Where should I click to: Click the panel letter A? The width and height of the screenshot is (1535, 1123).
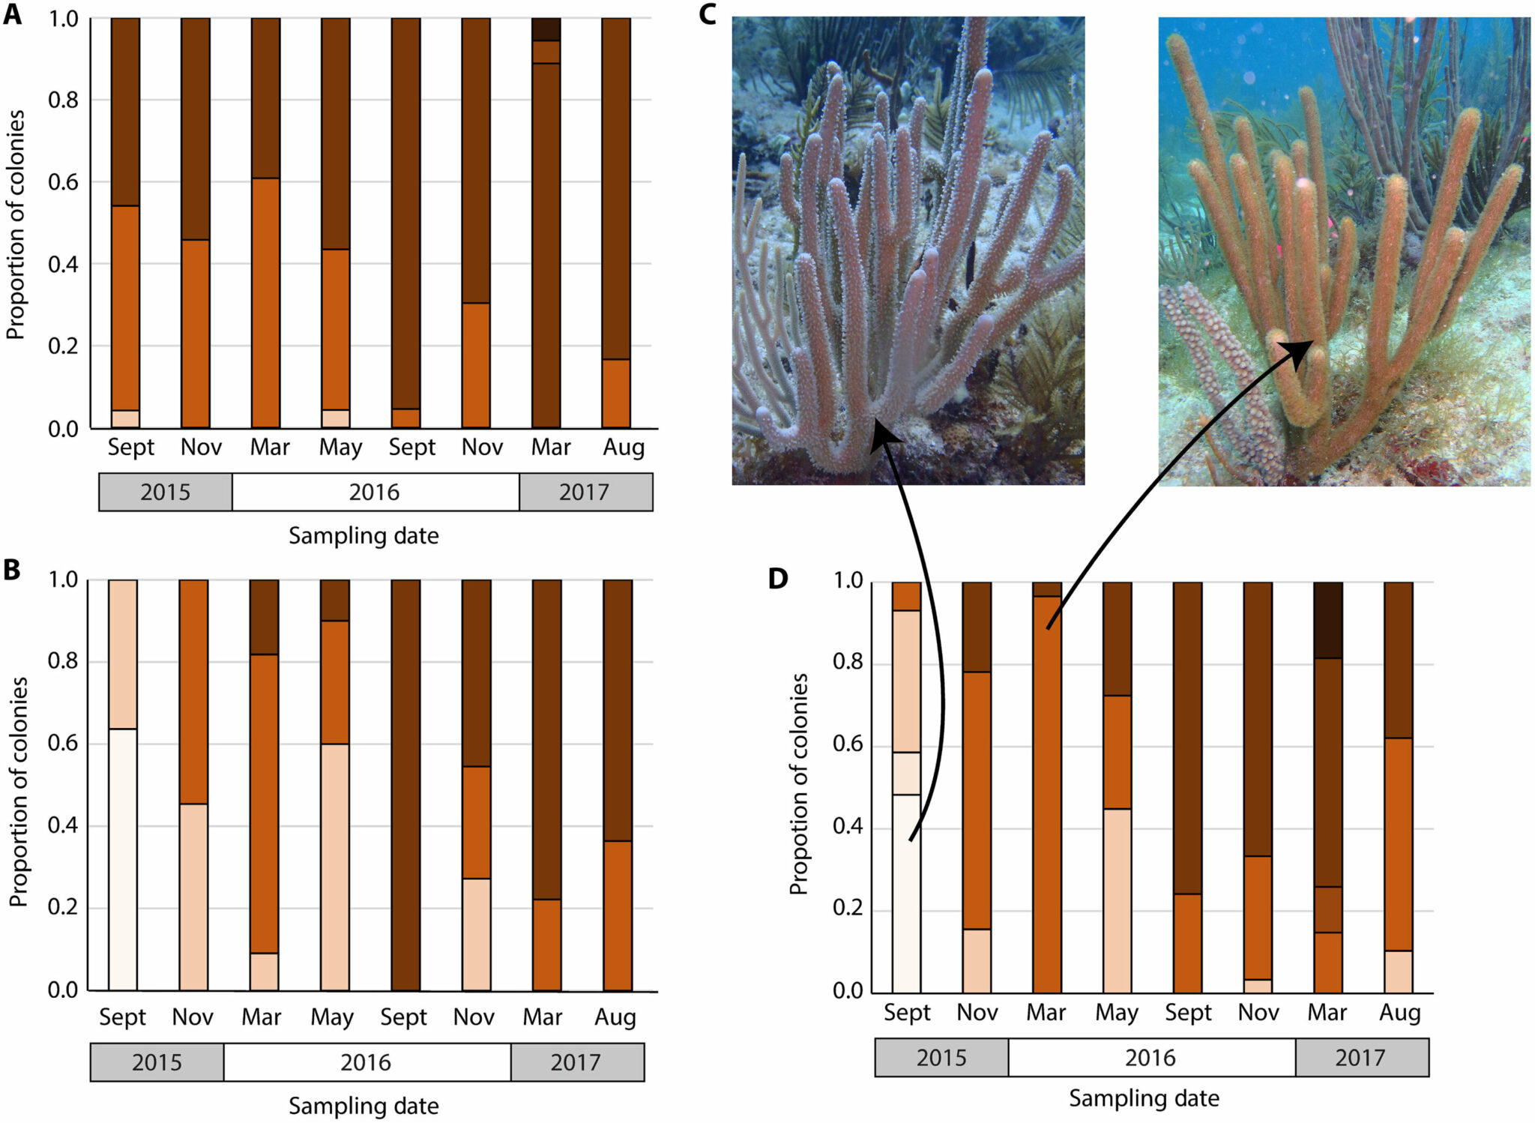(x=12, y=14)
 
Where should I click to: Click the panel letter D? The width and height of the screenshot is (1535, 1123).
(x=778, y=578)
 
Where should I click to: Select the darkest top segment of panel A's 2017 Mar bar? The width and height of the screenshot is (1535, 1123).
(x=546, y=28)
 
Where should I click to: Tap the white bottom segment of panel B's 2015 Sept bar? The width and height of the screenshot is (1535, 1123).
(x=123, y=859)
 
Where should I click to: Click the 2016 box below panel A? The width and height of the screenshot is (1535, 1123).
(x=375, y=492)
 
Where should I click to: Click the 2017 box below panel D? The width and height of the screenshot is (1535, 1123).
(x=1361, y=1058)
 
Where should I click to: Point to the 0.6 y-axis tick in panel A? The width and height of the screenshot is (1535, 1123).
(x=63, y=182)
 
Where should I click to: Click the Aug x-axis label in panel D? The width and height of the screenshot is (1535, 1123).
(x=1399, y=1013)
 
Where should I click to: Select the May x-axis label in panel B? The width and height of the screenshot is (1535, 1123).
(x=332, y=1017)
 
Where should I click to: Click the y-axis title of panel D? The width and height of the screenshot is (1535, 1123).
(x=799, y=783)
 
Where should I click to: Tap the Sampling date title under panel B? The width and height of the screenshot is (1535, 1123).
(x=364, y=1106)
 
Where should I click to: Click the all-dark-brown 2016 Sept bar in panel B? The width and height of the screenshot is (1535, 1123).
(x=405, y=785)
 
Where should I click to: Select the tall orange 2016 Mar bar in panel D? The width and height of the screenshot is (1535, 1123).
(x=1046, y=795)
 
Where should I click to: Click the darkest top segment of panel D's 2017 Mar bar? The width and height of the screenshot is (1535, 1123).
(x=1327, y=620)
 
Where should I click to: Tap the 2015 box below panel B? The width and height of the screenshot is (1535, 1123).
(x=157, y=1062)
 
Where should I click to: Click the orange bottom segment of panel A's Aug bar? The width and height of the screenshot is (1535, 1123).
(x=616, y=394)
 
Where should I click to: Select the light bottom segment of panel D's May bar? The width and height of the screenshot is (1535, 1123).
(x=1117, y=900)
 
